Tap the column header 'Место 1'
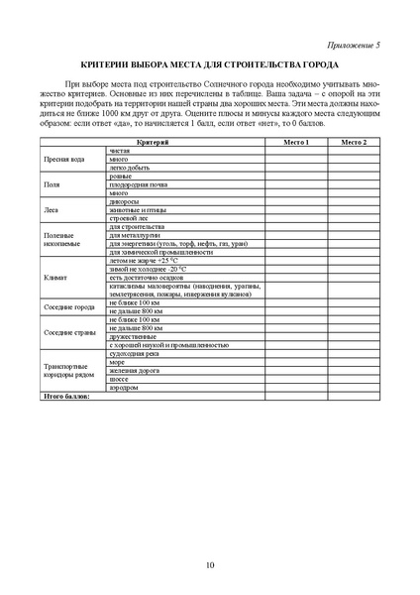tap(296, 144)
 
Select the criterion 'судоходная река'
tap(135, 354)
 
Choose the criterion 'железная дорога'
tap(134, 371)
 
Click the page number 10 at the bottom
tap(210, 565)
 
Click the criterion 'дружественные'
tap(132, 337)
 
